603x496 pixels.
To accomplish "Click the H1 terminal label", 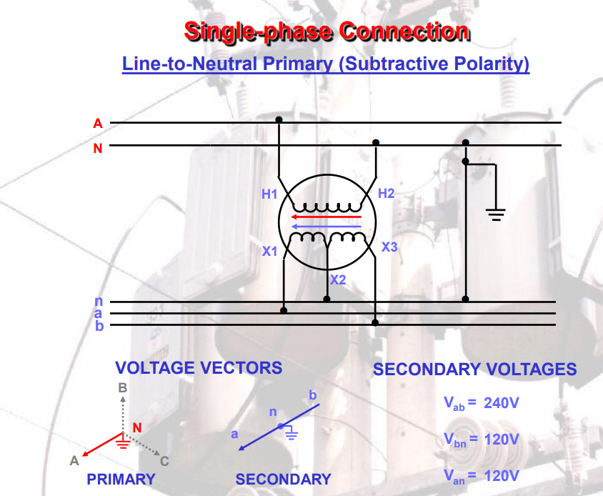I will pos(269,194).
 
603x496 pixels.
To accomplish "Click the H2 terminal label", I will pos(386,193).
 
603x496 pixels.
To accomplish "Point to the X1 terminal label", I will pos(269,251).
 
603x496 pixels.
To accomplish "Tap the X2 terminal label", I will pos(338,279).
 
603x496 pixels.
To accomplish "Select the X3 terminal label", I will pos(389,247).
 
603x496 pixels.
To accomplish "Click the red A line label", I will pos(98,124).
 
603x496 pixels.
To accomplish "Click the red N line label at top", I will pos(98,149).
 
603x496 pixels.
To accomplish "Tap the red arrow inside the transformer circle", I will pos(327,217).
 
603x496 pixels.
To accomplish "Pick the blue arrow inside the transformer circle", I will pos(327,226).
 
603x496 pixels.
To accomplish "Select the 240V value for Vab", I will pos(501,403).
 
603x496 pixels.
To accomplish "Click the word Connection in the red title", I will pos(404,31).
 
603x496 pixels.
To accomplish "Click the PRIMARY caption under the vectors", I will pos(121,480).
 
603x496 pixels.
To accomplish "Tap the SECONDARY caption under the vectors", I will pos(284,480).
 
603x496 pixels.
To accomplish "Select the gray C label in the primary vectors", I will pos(164,461).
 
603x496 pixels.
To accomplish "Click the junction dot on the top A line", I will pos(279,120).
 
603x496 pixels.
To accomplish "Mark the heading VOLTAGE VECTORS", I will pos(199,368).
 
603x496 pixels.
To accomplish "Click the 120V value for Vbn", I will pos(501,439).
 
